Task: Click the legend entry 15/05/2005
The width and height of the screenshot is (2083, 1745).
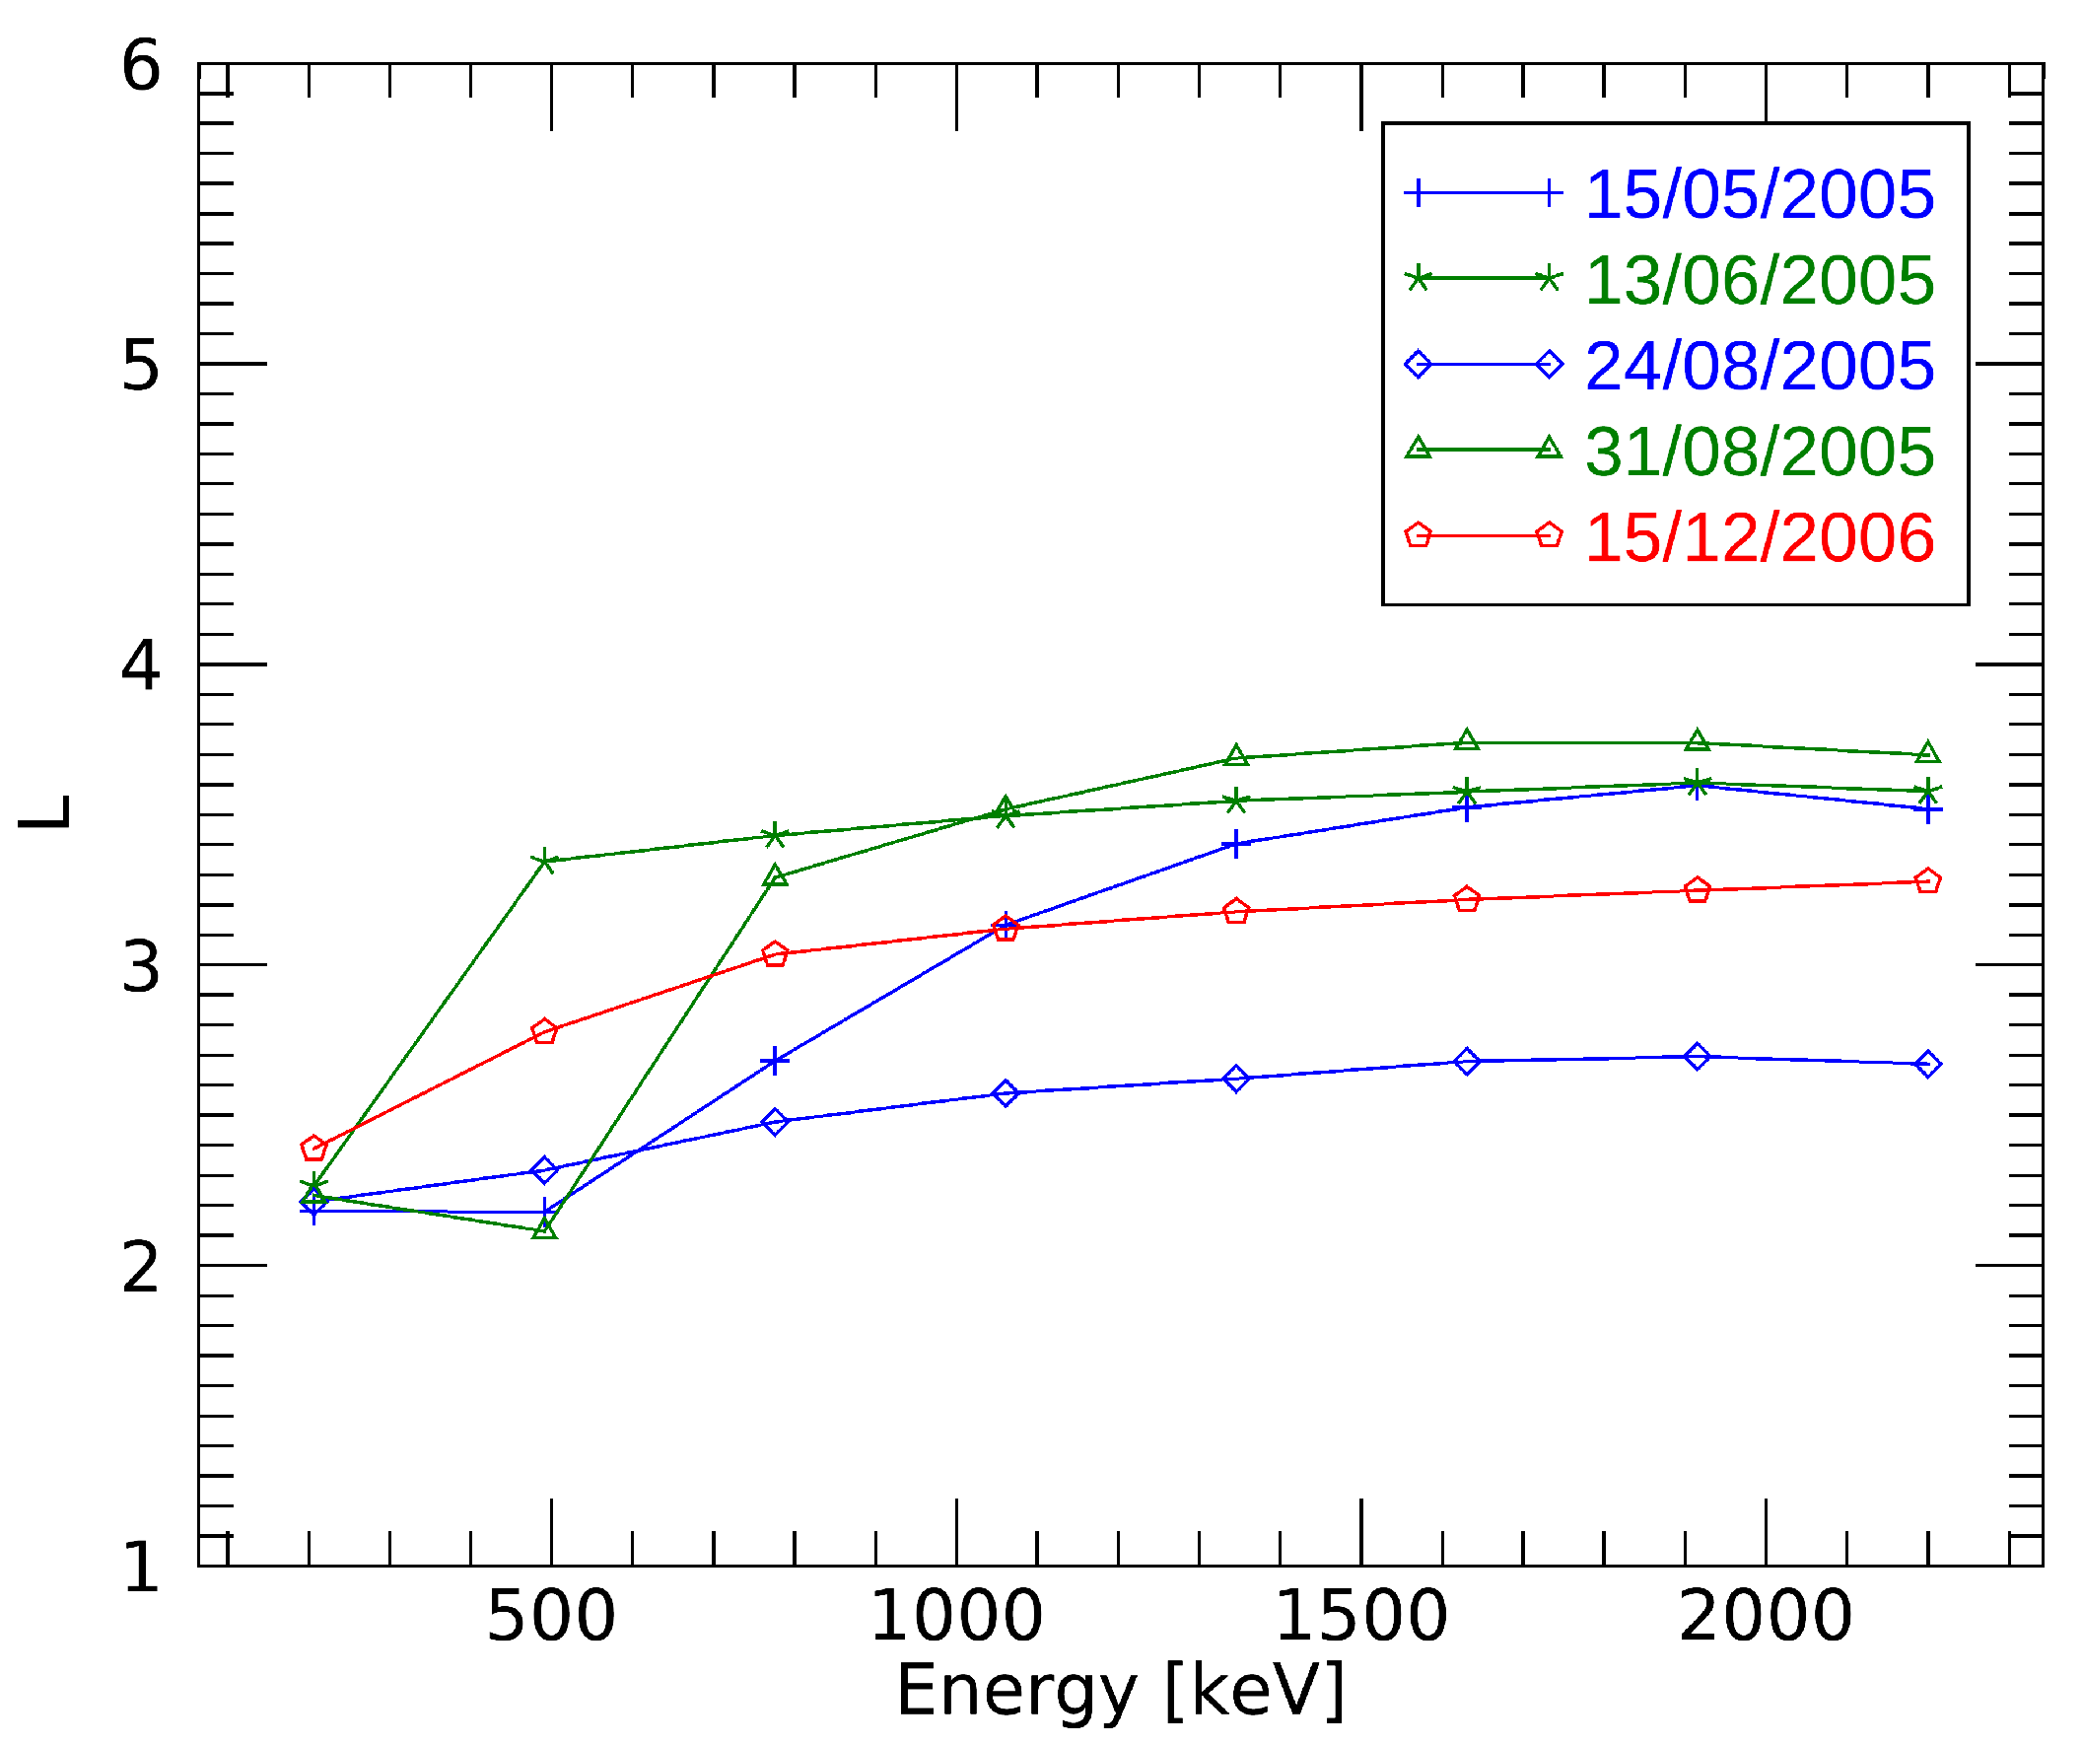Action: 1759,194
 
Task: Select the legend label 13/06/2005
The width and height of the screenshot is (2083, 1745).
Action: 1759,281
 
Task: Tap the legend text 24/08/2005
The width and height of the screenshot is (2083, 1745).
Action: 1759,366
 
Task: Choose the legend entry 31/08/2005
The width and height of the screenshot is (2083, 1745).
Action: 1759,453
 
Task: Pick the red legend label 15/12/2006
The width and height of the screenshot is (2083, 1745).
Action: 1759,537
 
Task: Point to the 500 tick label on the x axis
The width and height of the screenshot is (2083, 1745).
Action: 551,1617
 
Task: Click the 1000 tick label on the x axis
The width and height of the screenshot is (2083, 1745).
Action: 956,1617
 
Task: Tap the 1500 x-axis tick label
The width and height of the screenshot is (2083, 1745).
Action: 1360,1617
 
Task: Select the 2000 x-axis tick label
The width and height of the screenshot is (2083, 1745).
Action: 1766,1617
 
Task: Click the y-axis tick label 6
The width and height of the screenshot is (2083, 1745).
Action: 141,66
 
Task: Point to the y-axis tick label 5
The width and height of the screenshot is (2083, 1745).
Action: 141,366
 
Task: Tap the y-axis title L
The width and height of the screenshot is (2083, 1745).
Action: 45,813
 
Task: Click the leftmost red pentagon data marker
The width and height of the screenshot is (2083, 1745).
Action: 313,1150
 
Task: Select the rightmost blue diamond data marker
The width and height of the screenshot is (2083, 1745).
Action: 1927,1065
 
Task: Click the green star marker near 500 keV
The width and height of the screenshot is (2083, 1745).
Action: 544,861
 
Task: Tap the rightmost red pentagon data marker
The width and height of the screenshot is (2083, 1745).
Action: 1927,882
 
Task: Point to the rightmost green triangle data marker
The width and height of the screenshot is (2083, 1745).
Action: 1927,753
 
